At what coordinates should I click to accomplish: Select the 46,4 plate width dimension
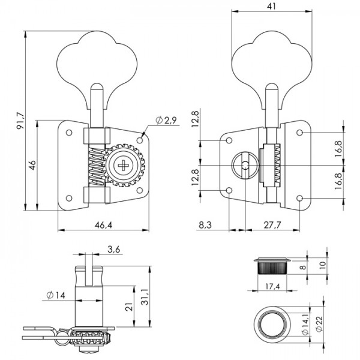point(103,224)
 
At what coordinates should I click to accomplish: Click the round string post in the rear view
point(244,165)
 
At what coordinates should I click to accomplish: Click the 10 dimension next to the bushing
point(323,263)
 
